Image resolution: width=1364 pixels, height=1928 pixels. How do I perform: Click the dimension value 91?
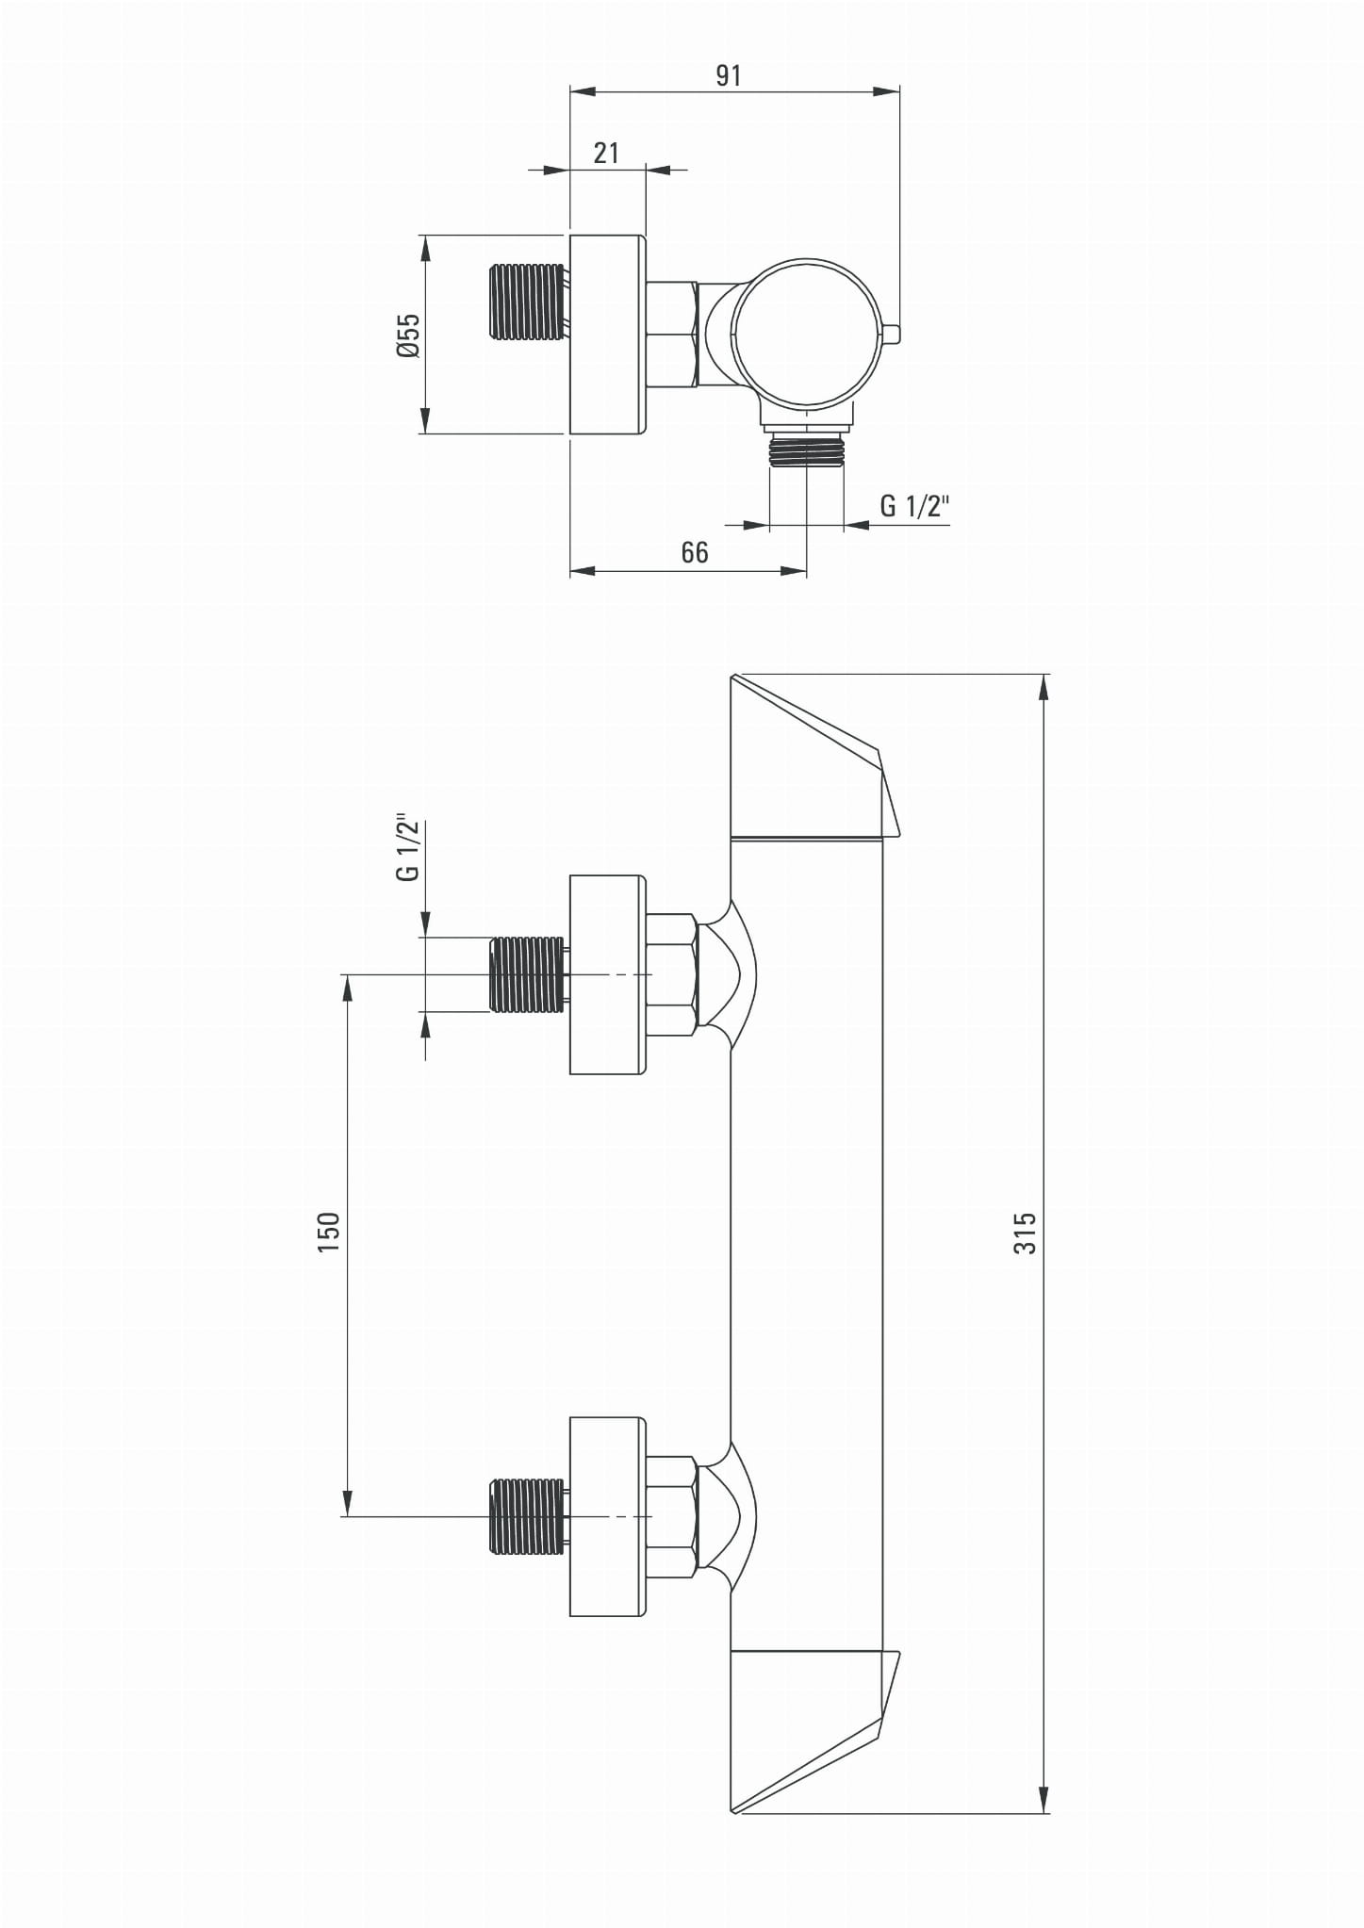pos(728,75)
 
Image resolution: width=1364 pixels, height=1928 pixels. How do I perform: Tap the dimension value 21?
pos(606,153)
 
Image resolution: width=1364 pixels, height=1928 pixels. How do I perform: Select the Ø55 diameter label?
pos(408,335)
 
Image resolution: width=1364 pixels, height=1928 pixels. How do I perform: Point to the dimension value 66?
pos(695,552)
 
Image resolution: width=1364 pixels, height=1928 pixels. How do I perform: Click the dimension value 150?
pos(328,1232)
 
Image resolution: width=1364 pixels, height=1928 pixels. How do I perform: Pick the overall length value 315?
pos(1025,1233)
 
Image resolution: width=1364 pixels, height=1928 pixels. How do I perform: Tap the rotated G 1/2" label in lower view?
pos(408,847)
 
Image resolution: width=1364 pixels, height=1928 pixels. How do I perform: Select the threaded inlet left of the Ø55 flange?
pos(529,302)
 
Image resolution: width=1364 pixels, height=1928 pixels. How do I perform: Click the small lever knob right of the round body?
pos(893,334)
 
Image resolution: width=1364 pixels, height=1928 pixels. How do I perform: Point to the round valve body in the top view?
pos(809,334)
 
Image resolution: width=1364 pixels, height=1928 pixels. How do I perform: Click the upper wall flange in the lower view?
pos(609,974)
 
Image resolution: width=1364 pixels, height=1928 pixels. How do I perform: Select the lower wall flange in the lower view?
pos(609,1516)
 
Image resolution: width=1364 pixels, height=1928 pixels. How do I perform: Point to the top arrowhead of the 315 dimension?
pos(1044,687)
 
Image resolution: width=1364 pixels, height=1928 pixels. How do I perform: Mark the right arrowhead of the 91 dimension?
pos(886,91)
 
